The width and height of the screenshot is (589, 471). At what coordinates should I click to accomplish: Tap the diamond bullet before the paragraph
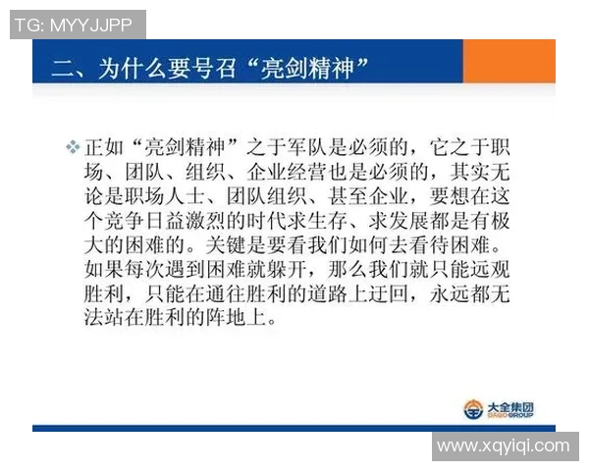pyautogui.click(x=72, y=147)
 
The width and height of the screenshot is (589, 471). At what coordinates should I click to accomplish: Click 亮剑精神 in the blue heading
pyautogui.click(x=313, y=68)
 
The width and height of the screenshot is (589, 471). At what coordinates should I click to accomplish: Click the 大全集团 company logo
pyautogui.click(x=500, y=407)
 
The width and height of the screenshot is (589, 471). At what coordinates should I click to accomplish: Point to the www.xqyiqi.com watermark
pyautogui.click(x=504, y=446)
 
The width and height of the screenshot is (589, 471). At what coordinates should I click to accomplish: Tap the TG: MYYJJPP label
pyautogui.click(x=77, y=25)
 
